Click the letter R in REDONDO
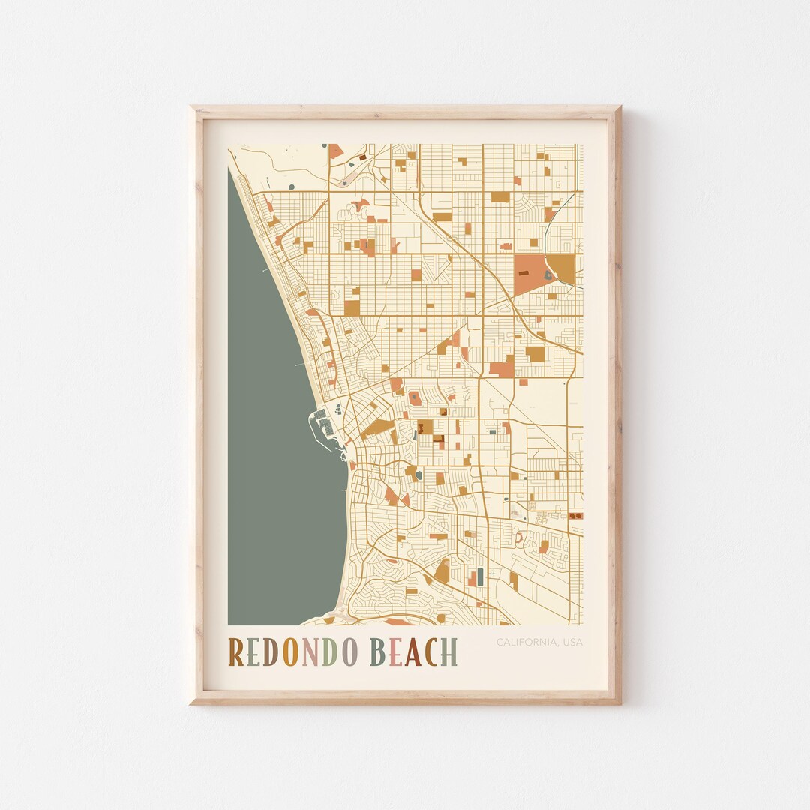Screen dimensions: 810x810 click(236, 652)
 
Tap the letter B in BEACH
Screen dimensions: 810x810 click(376, 652)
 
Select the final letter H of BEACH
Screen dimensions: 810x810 click(449, 652)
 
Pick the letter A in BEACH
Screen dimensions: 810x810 click(412, 652)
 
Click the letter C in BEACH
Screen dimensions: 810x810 click(430, 652)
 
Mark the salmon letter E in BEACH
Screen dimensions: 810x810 click(394, 652)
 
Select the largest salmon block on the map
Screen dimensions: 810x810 click(529, 274)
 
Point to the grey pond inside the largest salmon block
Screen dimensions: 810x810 click(547, 275)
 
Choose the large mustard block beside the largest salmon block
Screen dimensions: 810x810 click(562, 268)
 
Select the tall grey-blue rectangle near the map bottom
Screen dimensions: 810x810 click(480, 576)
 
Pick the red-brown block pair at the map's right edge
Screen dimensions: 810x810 click(575, 516)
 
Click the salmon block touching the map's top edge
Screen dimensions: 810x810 click(335, 151)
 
